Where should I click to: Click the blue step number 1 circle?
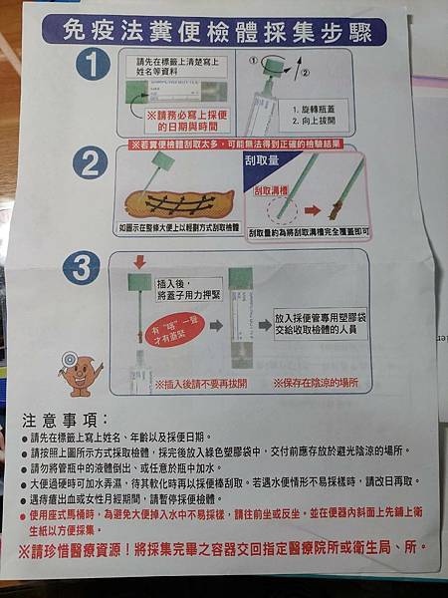click(94, 69)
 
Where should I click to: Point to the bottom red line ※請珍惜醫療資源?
click(223, 548)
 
